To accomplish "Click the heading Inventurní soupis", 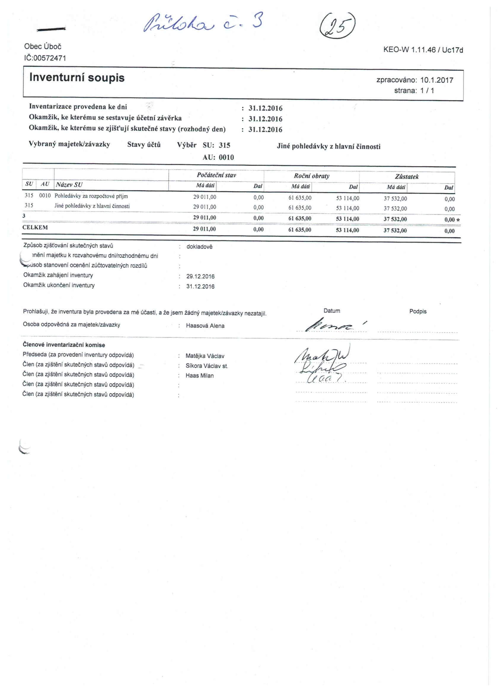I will coord(77,78).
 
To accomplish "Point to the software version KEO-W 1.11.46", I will coord(409,50).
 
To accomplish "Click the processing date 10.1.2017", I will coord(437,80).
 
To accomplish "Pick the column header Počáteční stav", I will coord(216,175).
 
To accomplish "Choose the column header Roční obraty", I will coord(312,176).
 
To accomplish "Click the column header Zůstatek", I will coord(406,177).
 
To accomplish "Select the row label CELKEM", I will coord(35,228).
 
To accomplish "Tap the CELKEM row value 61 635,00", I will coord(300,229).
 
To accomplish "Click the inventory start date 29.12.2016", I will coord(200,277).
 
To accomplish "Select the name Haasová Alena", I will coord(205,326).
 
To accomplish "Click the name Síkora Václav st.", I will coord(207,366).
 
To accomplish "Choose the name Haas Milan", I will coord(200,376).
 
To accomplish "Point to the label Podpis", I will coord(418,311).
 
